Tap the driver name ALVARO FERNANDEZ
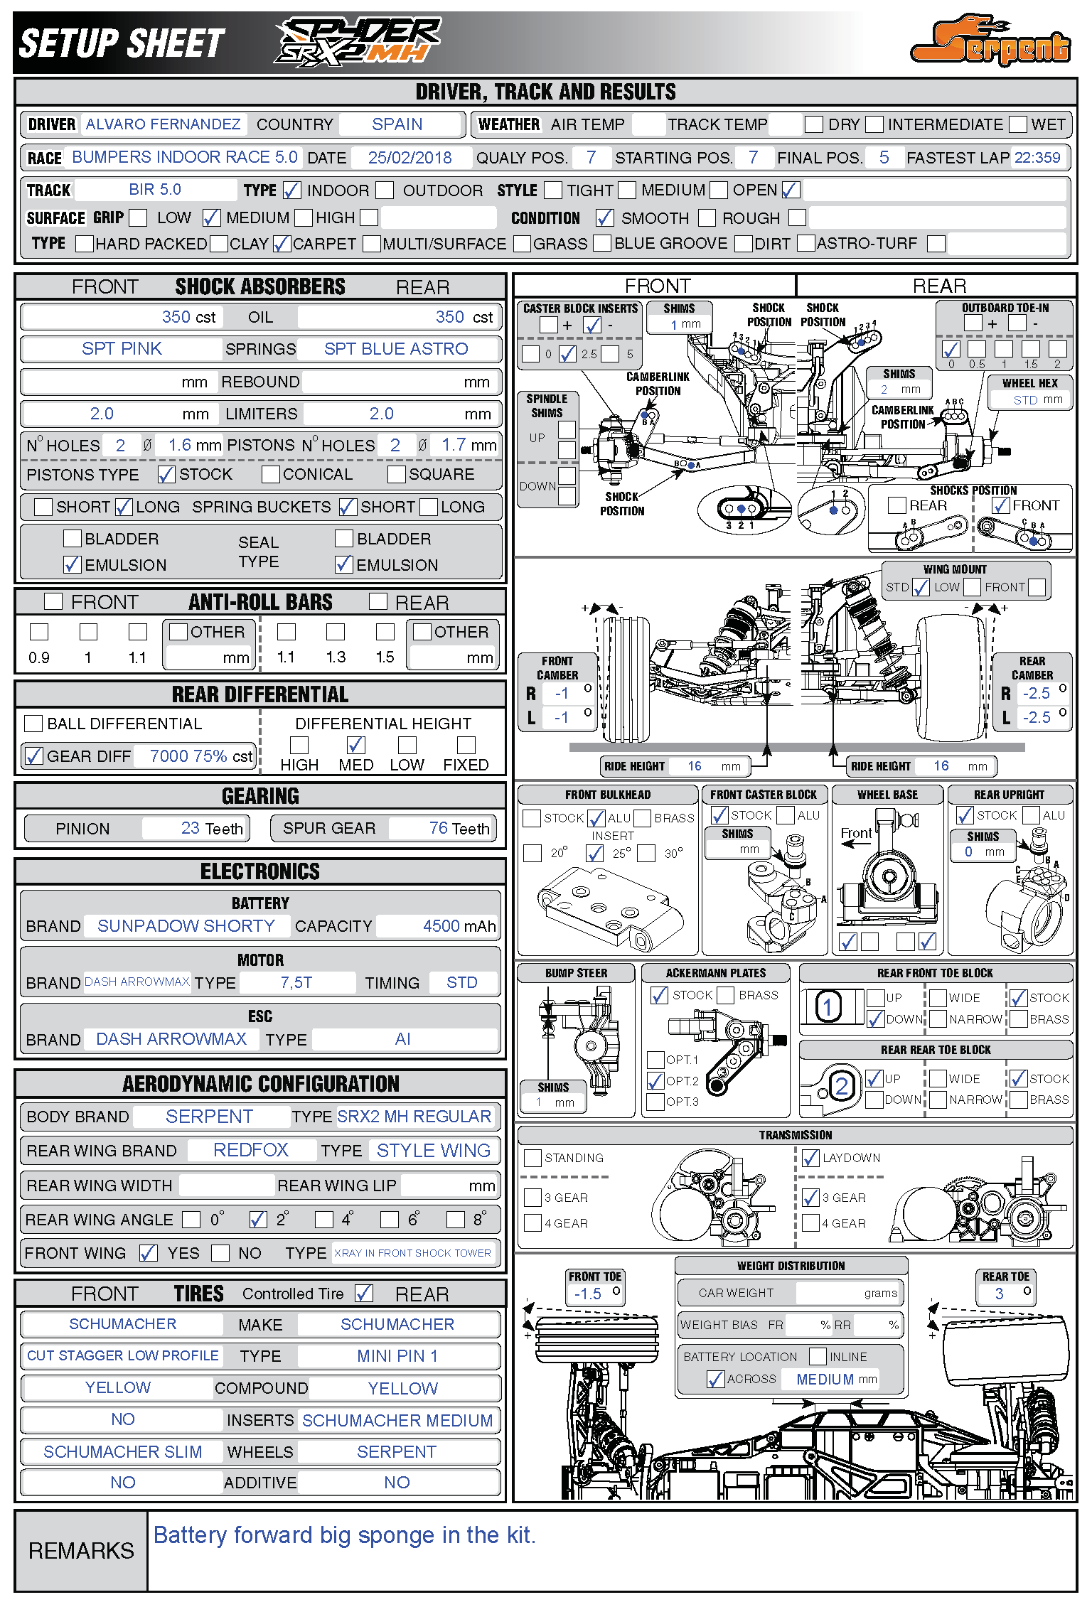click(163, 124)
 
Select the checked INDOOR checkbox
click(291, 190)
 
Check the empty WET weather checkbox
click(1019, 124)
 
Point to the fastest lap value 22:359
click(1037, 158)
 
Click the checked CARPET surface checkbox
click(282, 244)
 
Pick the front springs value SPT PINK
click(122, 349)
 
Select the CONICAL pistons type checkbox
click(270, 474)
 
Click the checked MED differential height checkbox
click(355, 745)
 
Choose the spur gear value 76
click(439, 828)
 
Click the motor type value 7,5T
click(296, 983)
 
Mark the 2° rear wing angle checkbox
click(257, 1220)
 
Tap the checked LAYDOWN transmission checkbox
click(810, 1159)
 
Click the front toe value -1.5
click(588, 1294)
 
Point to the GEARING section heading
click(260, 796)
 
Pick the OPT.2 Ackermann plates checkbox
click(655, 1081)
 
